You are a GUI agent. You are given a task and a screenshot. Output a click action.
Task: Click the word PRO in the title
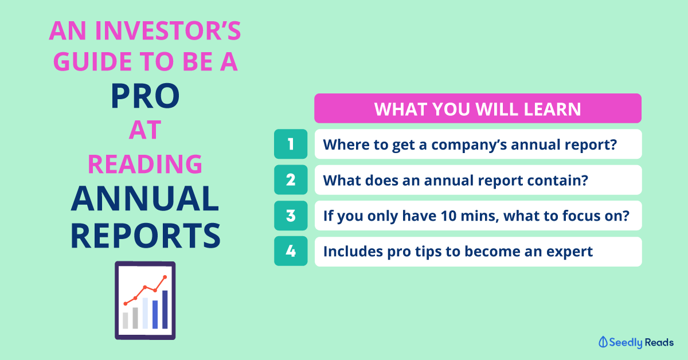click(145, 96)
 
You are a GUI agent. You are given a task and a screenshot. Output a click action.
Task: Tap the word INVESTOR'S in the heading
click(168, 31)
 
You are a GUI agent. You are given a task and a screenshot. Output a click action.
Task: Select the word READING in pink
click(145, 164)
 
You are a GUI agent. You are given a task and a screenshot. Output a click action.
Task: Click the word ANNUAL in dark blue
click(145, 198)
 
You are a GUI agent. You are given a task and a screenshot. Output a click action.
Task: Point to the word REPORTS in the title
click(146, 236)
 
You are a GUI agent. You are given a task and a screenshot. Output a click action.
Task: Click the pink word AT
click(145, 130)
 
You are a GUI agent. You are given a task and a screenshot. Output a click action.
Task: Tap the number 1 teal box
click(291, 144)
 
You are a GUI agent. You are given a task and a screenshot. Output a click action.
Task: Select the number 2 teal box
click(291, 179)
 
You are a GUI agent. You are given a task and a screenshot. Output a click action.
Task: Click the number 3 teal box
click(291, 216)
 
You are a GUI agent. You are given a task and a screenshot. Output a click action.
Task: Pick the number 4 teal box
click(291, 251)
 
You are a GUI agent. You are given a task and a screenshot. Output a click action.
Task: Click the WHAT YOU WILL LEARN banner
click(478, 108)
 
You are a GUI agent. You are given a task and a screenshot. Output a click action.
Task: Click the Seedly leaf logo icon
click(603, 342)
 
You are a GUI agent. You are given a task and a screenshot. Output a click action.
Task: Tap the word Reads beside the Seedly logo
click(659, 342)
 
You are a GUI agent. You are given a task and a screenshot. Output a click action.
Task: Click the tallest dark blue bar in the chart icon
click(165, 310)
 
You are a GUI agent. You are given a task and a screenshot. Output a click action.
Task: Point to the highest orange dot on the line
click(165, 277)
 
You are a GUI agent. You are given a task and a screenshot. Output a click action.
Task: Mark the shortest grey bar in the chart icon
click(126, 320)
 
